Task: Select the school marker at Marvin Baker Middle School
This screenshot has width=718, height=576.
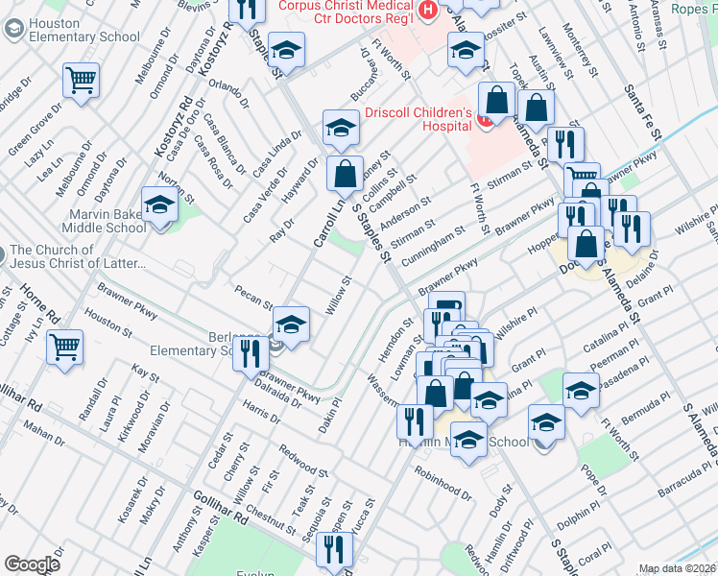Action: pos(159,204)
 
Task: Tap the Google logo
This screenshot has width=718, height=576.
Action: pos(32,564)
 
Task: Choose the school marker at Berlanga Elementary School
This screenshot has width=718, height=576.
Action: pos(291,323)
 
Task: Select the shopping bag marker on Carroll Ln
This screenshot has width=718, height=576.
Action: pos(345,174)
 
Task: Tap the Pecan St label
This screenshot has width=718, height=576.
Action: pos(254,296)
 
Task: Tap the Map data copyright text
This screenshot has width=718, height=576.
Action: pos(676,568)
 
